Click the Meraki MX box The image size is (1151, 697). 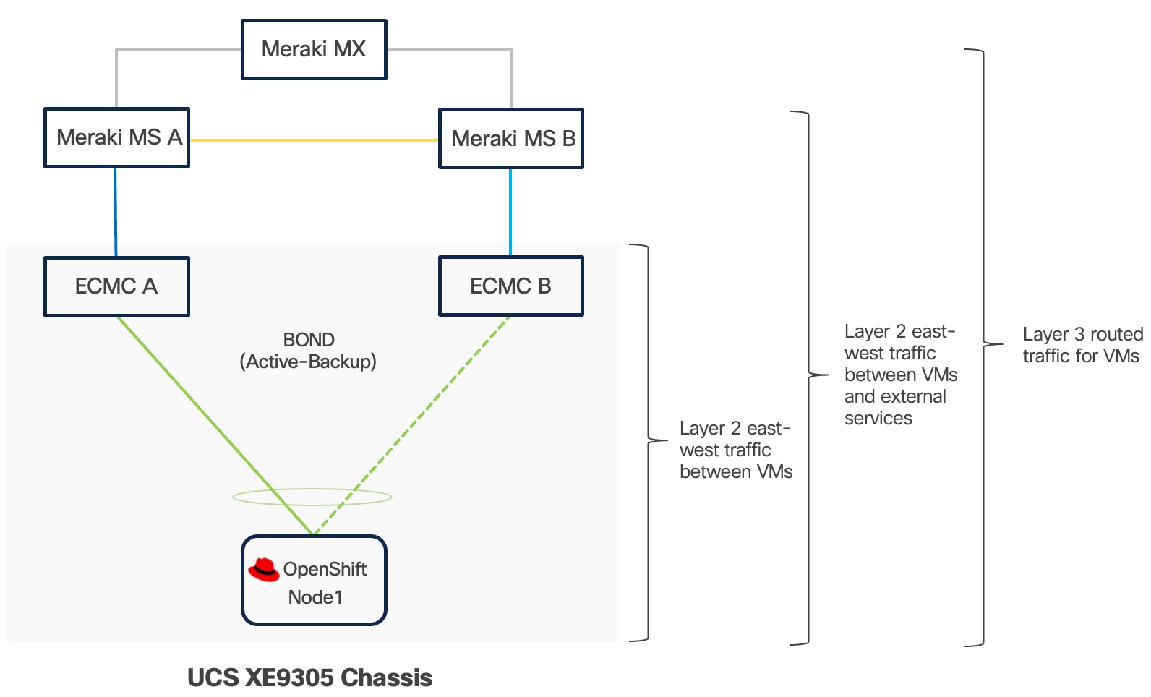tap(314, 49)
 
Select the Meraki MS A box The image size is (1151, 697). tap(116, 137)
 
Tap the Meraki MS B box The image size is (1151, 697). tap(511, 138)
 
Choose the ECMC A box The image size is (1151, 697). tap(116, 286)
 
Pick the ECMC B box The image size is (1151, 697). tap(511, 286)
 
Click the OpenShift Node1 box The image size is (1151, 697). tap(314, 581)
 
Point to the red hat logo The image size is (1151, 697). tap(264, 570)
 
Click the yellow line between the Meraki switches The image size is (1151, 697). tap(314, 140)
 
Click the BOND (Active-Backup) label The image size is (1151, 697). tap(308, 351)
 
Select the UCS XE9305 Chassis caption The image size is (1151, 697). tap(309, 677)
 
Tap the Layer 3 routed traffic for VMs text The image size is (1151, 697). tap(1082, 345)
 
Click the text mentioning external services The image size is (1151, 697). tap(899, 375)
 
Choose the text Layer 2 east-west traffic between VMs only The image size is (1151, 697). tap(735, 450)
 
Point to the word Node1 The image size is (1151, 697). tap(315, 597)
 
